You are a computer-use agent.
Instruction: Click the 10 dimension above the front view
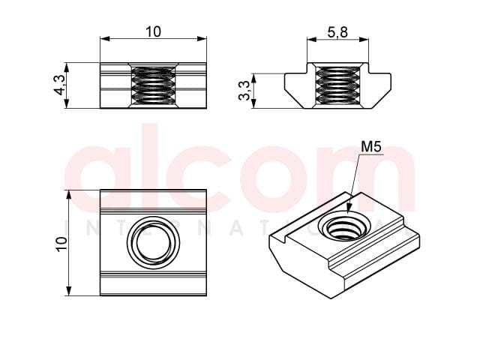coord(153,31)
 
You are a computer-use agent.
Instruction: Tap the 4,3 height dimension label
coord(60,85)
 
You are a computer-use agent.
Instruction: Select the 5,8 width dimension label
coord(337,32)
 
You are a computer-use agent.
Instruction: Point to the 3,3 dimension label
coord(244,91)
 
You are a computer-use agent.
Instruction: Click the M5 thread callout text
coord(371,147)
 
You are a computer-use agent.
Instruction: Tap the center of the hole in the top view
coord(153,243)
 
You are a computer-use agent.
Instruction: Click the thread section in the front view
coord(153,85)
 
